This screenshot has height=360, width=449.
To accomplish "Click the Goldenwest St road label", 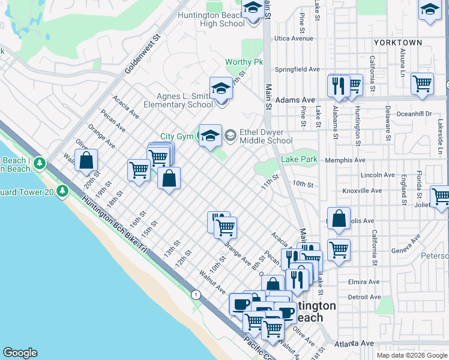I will [144, 55].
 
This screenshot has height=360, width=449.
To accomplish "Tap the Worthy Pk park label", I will [244, 62].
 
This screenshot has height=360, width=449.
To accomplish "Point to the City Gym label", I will [176, 137].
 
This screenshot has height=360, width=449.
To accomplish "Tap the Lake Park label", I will [300, 160].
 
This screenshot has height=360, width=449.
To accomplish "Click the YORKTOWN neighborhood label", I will [397, 43].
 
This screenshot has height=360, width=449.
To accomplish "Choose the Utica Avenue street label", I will [294, 38].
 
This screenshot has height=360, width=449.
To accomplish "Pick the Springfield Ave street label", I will [298, 70].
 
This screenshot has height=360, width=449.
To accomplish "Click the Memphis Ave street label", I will [345, 160].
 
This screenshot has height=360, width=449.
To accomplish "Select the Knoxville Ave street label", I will [362, 191].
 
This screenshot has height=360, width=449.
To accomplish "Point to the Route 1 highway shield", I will [196, 295].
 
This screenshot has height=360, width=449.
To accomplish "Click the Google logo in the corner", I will [20, 353].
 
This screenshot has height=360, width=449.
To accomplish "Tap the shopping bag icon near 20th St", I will [86, 160].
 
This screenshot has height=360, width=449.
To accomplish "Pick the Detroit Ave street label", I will [365, 297].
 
